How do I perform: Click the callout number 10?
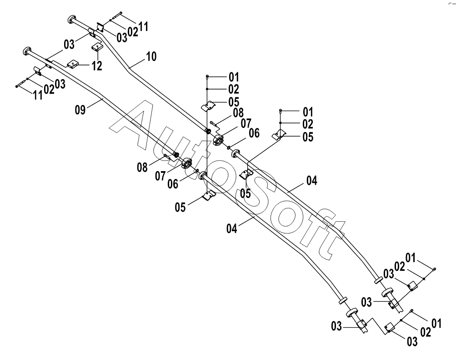click(x=151, y=56)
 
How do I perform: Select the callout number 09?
click(x=80, y=110)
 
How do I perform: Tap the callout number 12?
click(x=97, y=66)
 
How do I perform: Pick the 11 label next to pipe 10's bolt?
click(x=143, y=27)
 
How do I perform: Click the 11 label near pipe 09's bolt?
click(x=38, y=95)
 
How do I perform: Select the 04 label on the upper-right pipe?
click(x=312, y=181)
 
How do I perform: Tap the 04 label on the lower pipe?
click(x=232, y=229)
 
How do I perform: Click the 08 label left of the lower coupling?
click(x=142, y=167)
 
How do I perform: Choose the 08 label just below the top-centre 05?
click(x=238, y=112)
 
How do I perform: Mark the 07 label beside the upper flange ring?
click(x=246, y=123)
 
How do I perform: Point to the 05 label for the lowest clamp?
click(x=180, y=207)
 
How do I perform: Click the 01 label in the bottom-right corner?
click(x=436, y=323)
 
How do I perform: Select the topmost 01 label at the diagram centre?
click(x=234, y=77)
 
